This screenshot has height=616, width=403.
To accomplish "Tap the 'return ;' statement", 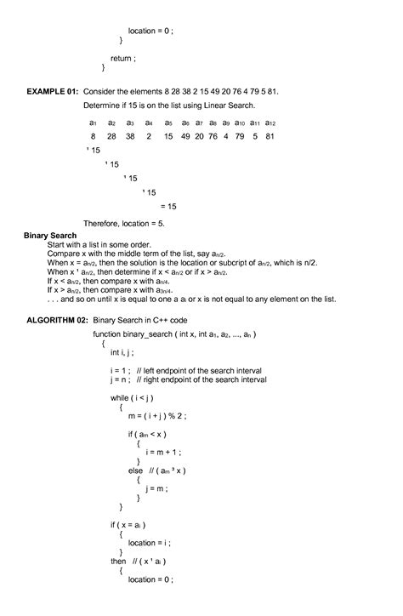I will point(123,54).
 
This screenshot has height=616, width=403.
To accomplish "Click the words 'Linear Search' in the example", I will point(230,106).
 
